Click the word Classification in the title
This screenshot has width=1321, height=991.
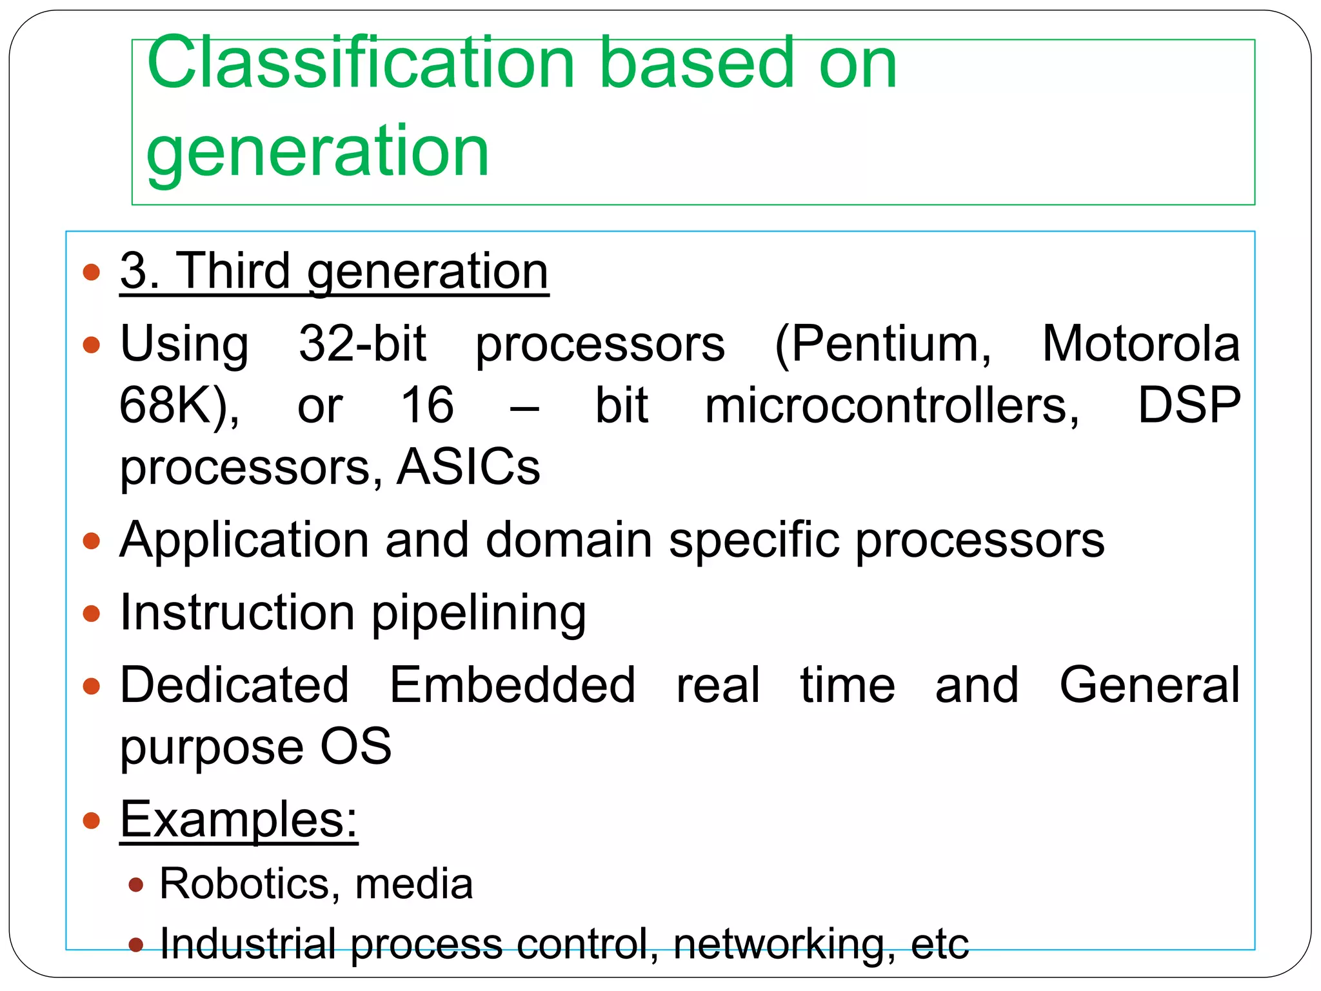click(360, 63)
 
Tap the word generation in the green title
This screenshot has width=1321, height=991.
click(317, 152)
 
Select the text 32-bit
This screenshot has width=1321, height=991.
click(362, 344)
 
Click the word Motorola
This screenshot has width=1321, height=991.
click(1140, 344)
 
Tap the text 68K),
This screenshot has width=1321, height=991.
click(179, 406)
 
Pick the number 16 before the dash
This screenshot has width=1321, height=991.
click(427, 405)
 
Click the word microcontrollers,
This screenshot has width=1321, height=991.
click(892, 405)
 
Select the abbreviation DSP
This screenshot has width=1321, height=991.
click(1188, 405)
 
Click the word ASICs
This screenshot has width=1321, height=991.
click(468, 466)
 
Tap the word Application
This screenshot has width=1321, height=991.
click(244, 541)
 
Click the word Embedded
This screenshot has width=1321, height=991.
click(512, 685)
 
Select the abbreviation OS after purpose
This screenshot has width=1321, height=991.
click(356, 746)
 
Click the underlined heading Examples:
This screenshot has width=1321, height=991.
click(239, 819)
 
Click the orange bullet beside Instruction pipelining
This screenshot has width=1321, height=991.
click(92, 613)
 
